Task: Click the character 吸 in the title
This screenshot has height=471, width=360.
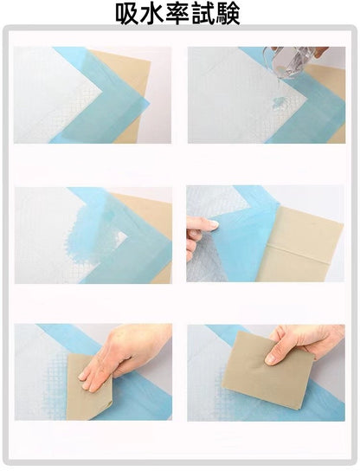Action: pos(127,14)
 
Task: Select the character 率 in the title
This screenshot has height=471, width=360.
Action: pos(177,14)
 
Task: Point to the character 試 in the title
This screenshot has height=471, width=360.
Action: pos(203,14)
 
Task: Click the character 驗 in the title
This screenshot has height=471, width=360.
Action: pos(228,14)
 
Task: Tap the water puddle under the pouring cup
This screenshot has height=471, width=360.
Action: pos(278,103)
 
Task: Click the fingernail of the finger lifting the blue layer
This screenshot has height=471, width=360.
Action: pos(213,224)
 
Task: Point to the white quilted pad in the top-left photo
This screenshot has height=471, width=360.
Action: pos(51,94)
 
